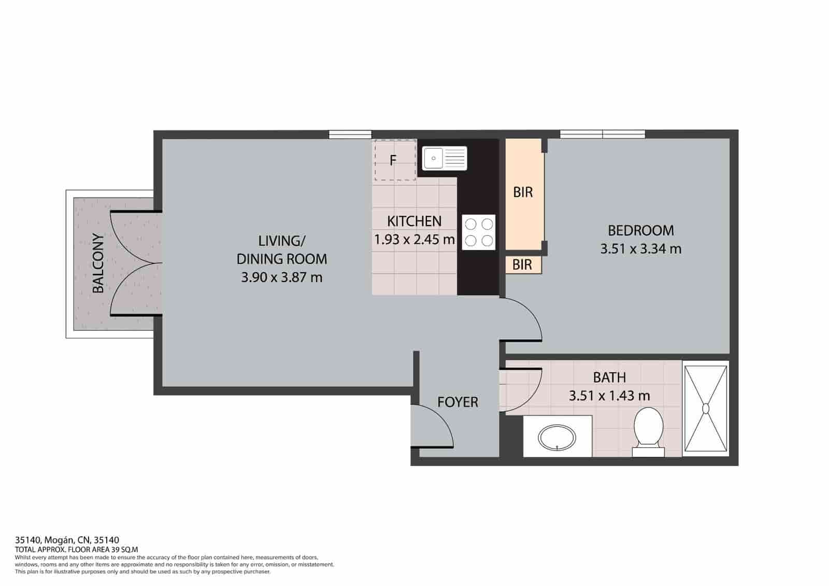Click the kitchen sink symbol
click(445, 158)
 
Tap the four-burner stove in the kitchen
click(479, 232)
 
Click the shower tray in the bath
click(706, 409)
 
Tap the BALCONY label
click(98, 263)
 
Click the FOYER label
click(458, 402)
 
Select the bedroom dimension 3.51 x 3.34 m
click(640, 249)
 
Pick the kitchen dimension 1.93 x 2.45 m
click(414, 240)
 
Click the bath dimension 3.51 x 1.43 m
click(609, 396)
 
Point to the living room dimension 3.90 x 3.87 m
click(281, 277)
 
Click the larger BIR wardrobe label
click(523, 192)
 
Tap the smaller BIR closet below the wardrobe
click(522, 265)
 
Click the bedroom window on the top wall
click(603, 134)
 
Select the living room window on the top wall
click(350, 135)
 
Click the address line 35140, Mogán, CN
click(67, 540)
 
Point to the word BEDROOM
click(640, 230)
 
